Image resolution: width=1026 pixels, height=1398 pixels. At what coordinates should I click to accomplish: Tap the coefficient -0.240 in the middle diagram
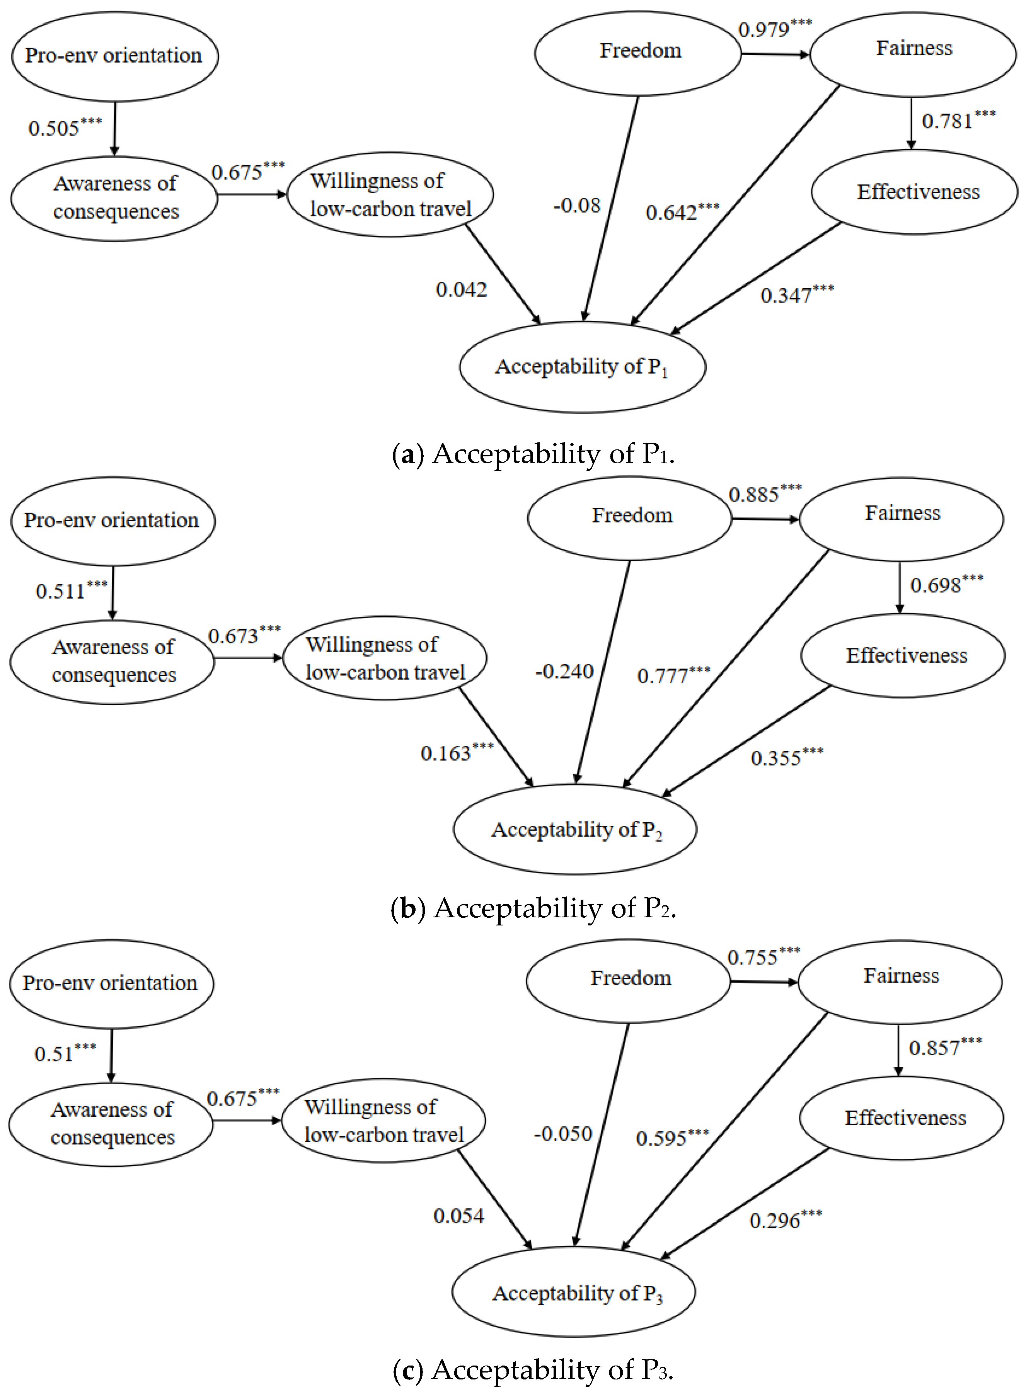click(564, 671)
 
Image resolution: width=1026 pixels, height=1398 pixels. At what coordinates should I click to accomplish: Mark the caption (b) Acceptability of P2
click(533, 908)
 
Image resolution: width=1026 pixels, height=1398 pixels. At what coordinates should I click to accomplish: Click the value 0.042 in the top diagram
click(461, 289)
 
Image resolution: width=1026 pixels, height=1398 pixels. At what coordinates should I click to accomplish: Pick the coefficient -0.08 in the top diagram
click(577, 206)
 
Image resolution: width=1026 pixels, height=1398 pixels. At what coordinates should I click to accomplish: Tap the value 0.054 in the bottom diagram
click(458, 1216)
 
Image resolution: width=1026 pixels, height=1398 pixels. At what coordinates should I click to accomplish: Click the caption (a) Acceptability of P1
click(533, 454)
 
